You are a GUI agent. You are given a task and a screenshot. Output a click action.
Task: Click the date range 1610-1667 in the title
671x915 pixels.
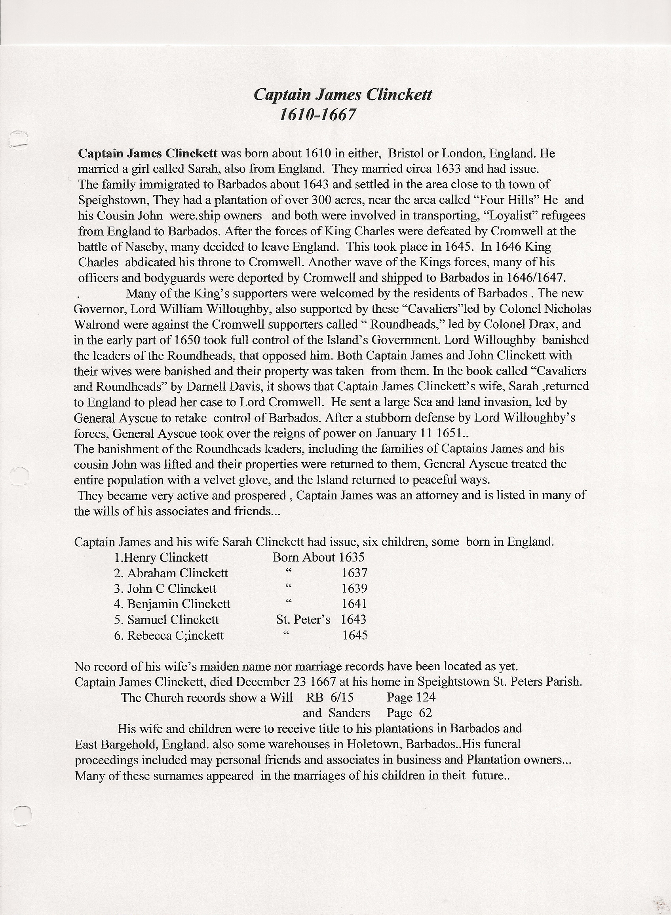(x=317, y=115)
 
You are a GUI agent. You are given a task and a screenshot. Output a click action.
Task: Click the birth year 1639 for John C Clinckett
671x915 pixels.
(x=355, y=588)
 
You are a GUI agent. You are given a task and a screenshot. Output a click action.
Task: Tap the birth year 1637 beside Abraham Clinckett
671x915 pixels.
(x=355, y=573)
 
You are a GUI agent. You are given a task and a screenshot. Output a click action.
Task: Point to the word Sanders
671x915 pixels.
(x=349, y=713)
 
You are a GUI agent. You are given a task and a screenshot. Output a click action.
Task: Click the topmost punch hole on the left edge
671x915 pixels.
(x=18, y=138)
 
